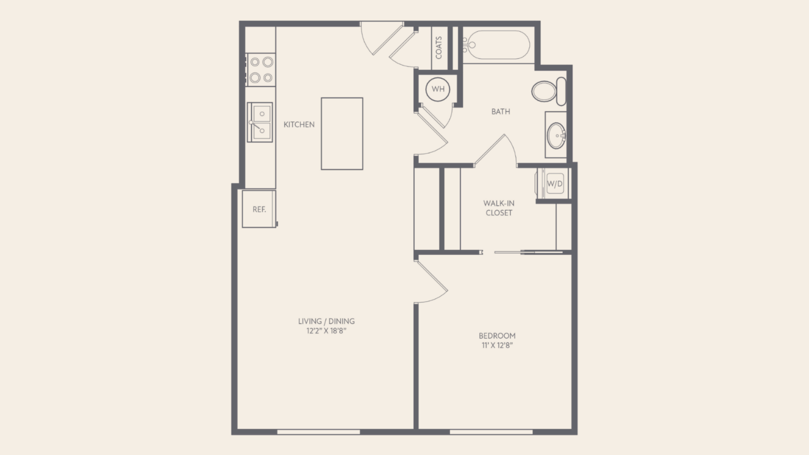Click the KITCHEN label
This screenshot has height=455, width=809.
[x=299, y=124]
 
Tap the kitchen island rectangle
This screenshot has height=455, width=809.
[x=342, y=133]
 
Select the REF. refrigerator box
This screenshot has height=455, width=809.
[x=259, y=209]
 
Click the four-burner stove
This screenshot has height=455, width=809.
[x=261, y=70]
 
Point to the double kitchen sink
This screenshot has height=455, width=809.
[x=260, y=122]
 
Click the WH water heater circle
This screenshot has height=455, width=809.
[x=438, y=89]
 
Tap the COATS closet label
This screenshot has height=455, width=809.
[x=439, y=48]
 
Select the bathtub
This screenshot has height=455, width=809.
[x=497, y=45]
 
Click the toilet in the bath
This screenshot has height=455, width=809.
[x=549, y=91]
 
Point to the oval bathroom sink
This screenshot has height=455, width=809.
[x=556, y=136]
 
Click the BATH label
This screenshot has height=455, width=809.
[x=501, y=112]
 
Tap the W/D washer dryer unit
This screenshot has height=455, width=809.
[x=554, y=184]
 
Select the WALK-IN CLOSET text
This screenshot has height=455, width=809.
[x=499, y=208]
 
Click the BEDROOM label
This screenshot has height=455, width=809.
[x=497, y=336]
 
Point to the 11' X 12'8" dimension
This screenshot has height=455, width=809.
[x=497, y=345]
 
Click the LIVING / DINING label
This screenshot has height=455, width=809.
[x=327, y=321]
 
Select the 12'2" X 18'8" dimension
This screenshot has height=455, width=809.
[x=327, y=331]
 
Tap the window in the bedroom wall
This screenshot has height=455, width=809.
[x=491, y=432]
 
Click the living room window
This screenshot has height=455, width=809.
[x=319, y=432]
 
